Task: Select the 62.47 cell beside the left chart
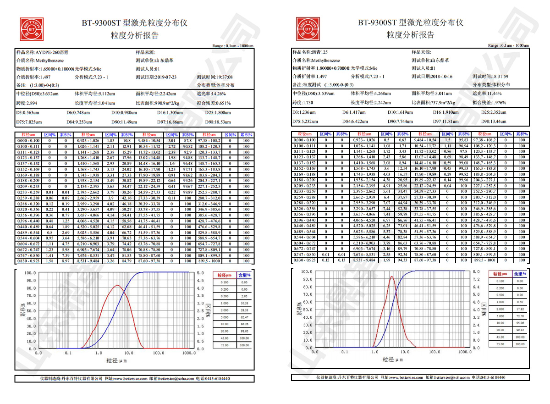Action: click(245, 317)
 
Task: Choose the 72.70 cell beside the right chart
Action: click(519, 316)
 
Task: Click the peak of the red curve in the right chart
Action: click(392, 277)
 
